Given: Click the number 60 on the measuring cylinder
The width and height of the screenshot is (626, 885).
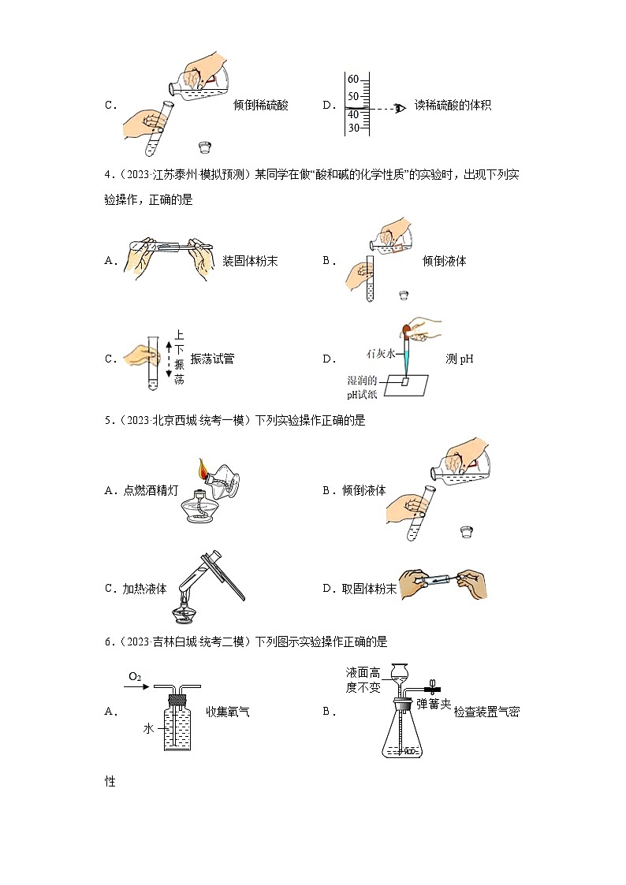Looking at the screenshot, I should click(353, 80).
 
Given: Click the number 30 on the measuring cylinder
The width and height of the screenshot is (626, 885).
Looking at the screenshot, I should click(353, 128).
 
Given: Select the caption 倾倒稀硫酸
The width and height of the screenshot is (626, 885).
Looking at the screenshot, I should click(261, 105).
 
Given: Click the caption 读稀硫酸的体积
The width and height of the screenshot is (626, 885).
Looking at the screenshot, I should click(453, 105).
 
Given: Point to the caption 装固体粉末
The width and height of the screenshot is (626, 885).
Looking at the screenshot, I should click(250, 261).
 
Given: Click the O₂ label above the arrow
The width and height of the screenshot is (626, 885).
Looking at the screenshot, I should click(135, 677).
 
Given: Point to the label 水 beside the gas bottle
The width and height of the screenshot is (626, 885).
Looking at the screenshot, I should click(147, 729).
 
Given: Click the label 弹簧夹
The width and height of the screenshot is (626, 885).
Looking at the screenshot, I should click(434, 704).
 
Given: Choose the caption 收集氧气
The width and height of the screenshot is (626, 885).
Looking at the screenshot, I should click(228, 712).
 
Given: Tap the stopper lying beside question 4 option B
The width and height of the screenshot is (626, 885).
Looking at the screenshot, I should click(404, 295).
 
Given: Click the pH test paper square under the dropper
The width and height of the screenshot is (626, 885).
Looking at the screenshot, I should click(405, 381).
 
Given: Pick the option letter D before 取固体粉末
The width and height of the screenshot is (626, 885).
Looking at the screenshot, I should click(327, 588).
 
